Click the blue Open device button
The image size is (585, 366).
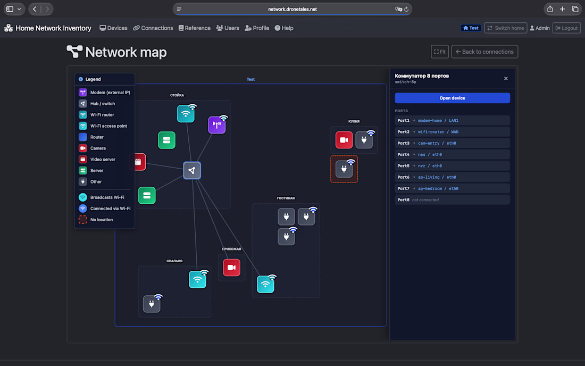point(452,98)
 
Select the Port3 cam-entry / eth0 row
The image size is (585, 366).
point(452,143)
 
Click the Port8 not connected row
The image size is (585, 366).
point(452,200)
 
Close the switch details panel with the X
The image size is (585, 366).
point(506,78)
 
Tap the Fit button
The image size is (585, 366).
point(440,52)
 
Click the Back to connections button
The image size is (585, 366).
point(484,52)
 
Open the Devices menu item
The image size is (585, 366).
point(113,28)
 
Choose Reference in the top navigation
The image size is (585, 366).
point(194,28)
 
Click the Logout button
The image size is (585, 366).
point(566,28)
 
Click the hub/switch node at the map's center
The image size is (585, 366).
point(192,171)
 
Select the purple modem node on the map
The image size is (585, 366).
point(217,125)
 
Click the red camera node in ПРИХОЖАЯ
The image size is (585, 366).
point(232,268)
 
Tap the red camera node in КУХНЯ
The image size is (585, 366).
point(344,140)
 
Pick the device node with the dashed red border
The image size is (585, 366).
point(344,169)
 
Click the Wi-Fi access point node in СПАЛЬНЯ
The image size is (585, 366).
point(198,279)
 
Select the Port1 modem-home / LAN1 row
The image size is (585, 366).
point(452,121)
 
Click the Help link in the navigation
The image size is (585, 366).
point(284,28)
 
